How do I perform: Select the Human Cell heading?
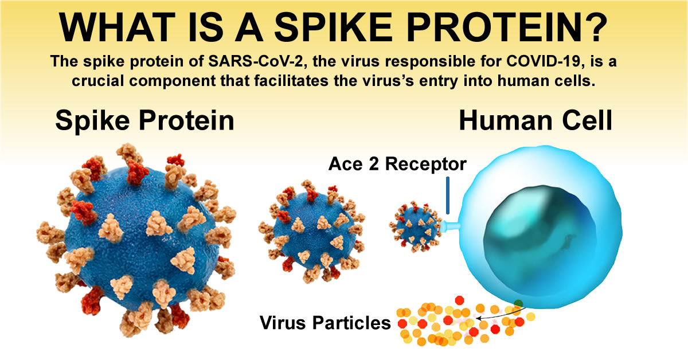tap(536, 121)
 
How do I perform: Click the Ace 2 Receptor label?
tap(397, 164)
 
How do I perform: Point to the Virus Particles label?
tap(325, 322)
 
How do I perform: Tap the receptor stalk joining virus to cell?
tap(451, 226)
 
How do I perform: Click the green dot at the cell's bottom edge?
tap(518, 303)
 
